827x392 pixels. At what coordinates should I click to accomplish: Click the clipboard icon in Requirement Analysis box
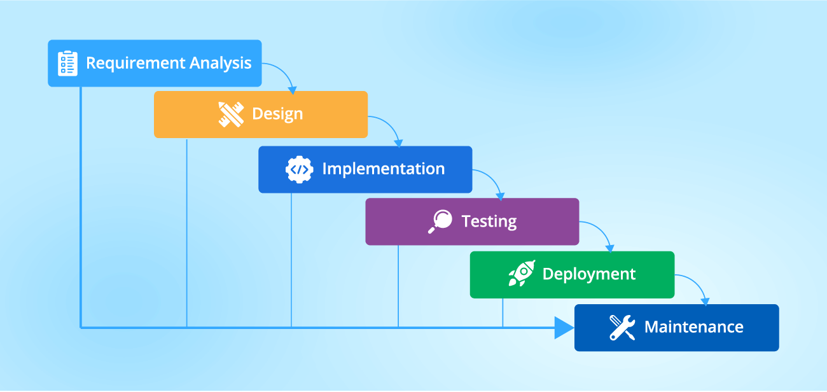pyautogui.click(x=67, y=64)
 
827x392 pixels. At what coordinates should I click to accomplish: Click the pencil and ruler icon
pyautogui.click(x=231, y=115)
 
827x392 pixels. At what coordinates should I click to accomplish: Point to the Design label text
pyautogui.click(x=277, y=115)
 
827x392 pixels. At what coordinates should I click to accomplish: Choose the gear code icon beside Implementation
pyautogui.click(x=299, y=169)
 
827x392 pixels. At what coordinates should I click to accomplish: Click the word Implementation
pyautogui.click(x=383, y=169)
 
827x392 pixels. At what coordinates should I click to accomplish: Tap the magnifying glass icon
pyautogui.click(x=440, y=221)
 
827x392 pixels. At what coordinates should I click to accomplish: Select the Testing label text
pyautogui.click(x=489, y=221)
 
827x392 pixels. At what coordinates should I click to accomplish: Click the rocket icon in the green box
pyautogui.click(x=521, y=274)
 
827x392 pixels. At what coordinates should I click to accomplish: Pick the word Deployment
pyautogui.click(x=588, y=274)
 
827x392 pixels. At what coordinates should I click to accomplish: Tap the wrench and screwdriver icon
pyautogui.click(x=622, y=328)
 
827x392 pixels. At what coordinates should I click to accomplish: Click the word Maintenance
pyautogui.click(x=693, y=328)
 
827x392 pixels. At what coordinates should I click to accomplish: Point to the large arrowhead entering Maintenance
pyautogui.click(x=563, y=328)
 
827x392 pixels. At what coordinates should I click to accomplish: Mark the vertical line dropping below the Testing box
pyautogui.click(x=398, y=286)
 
